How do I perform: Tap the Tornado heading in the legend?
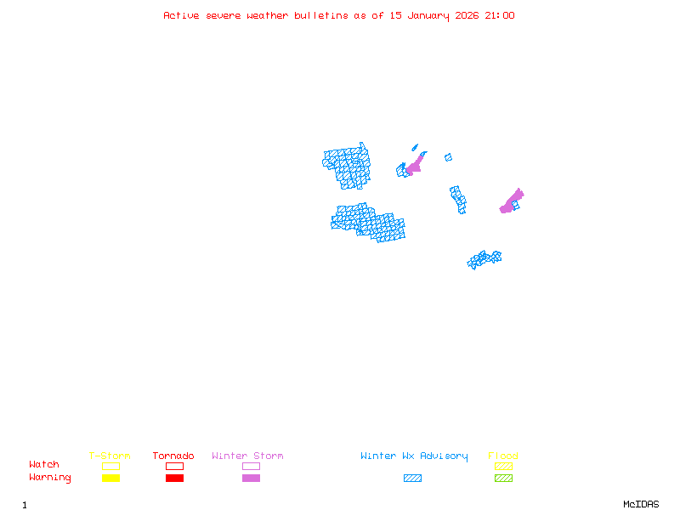[x=173, y=456]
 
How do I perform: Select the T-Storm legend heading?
[x=110, y=456]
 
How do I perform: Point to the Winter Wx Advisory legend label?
[x=414, y=456]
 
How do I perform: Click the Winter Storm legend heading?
[x=247, y=456]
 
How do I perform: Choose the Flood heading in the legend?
[x=503, y=456]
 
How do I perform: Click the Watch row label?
[x=44, y=465]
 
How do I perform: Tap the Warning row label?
[x=50, y=478]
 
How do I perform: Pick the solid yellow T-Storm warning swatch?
[x=110, y=479]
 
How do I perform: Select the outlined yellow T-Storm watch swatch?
[x=110, y=466]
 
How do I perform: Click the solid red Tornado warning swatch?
[x=174, y=479]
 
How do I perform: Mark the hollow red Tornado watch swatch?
[x=174, y=466]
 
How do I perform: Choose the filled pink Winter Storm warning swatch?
[x=251, y=479]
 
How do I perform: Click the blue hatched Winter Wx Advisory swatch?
[x=412, y=479]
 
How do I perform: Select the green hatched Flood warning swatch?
[x=503, y=479]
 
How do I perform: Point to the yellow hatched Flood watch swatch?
[x=503, y=466]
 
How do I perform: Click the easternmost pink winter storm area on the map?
[x=512, y=201]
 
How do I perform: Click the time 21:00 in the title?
[x=500, y=15]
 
